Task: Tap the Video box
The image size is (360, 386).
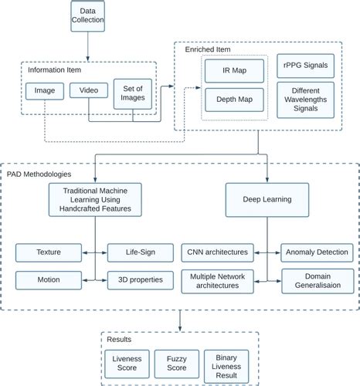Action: coord(88,91)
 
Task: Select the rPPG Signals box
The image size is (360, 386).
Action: coord(307,66)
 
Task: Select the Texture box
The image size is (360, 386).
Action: coord(48,252)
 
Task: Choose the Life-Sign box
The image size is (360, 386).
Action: coord(134,252)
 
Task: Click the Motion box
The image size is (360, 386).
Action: coord(48,278)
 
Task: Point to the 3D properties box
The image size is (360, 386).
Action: coord(134,278)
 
